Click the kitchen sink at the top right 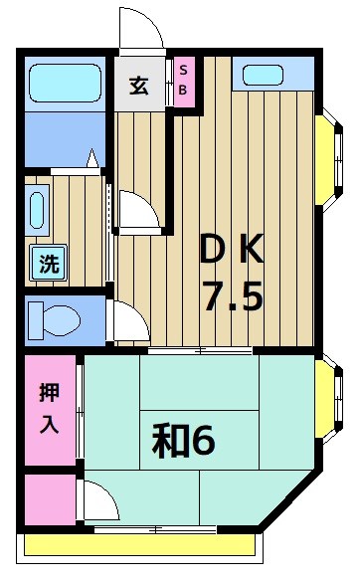[x=265, y=75]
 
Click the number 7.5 [x=234, y=296]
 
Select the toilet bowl [x=58, y=320]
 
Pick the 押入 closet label [x=49, y=409]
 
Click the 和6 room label [x=183, y=441]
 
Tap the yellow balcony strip [x=139, y=546]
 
